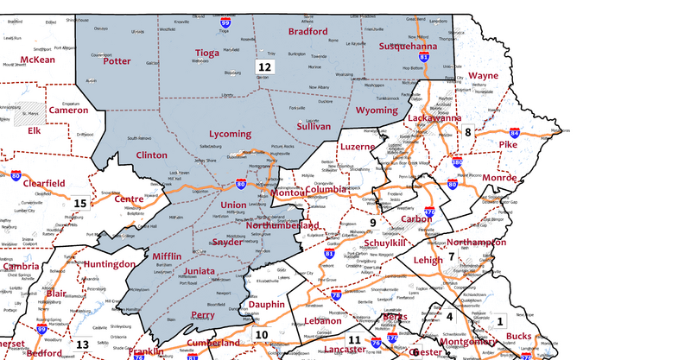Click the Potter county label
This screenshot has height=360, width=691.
(x=117, y=61)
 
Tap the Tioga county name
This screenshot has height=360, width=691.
(x=207, y=53)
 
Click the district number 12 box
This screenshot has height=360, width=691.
(x=264, y=66)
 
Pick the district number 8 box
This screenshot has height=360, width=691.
(x=468, y=131)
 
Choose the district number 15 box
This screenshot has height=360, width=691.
(x=79, y=203)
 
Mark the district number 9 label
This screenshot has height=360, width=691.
(x=373, y=222)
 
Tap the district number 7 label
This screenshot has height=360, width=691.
(x=451, y=256)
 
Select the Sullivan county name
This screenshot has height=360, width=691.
(x=314, y=126)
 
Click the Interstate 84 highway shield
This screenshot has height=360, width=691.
(x=515, y=133)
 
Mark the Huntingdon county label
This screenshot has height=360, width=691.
(x=110, y=263)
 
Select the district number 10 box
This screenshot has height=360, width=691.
(x=262, y=334)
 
